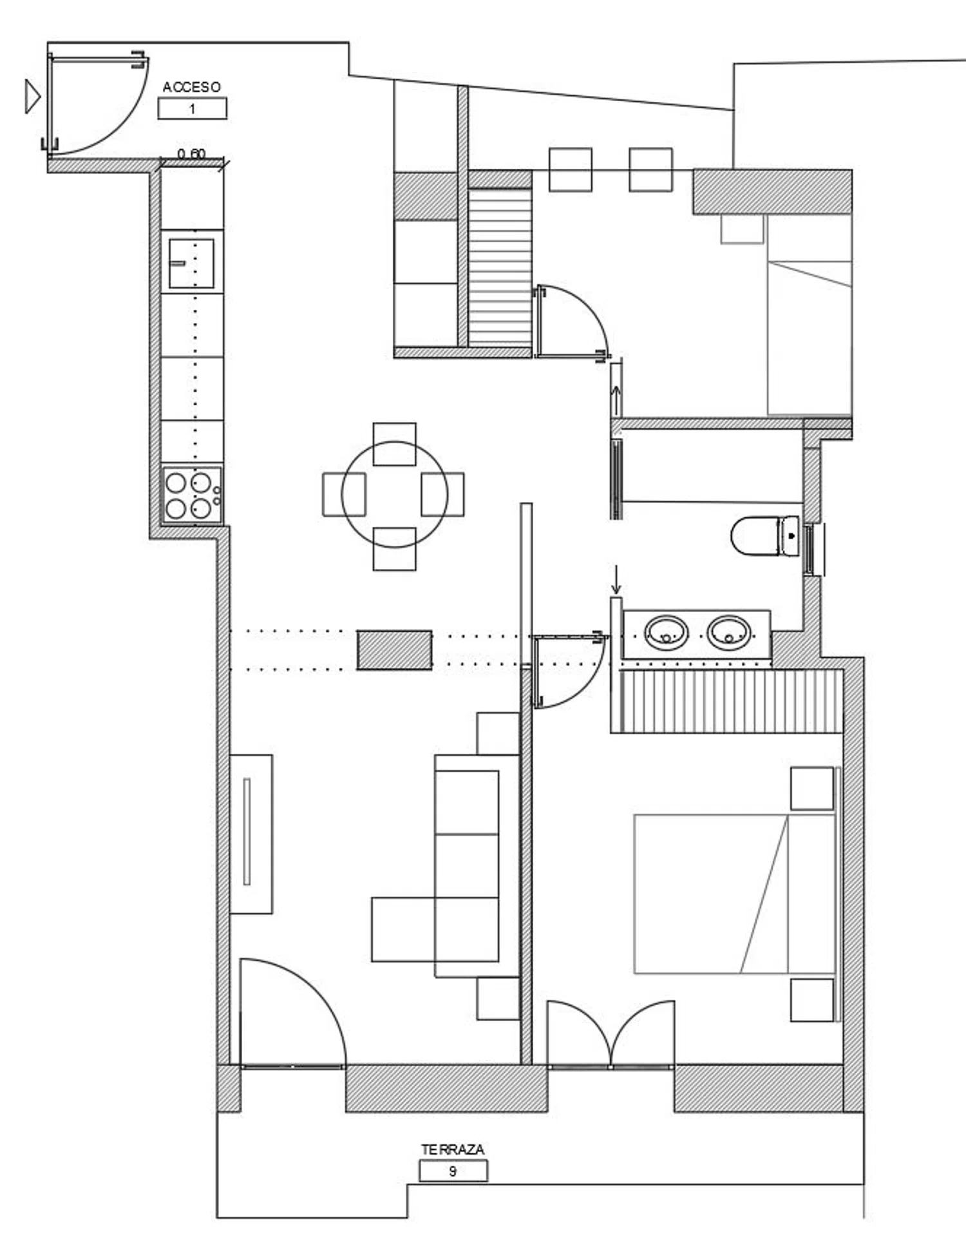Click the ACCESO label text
pyautogui.click(x=191, y=87)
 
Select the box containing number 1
pyautogui.click(x=193, y=108)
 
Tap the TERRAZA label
pyautogui.click(x=453, y=1149)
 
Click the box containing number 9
pyautogui.click(x=453, y=1171)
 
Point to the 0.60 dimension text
pyautogui.click(x=191, y=154)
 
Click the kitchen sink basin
pyautogui.click(x=191, y=264)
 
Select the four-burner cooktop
pyautogui.click(x=192, y=494)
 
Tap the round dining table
pyautogui.click(x=394, y=495)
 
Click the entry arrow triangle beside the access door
pyautogui.click(x=32, y=97)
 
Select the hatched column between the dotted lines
pyautogui.click(x=394, y=650)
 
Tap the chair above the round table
pyautogui.click(x=394, y=444)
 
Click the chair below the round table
pyautogui.click(x=394, y=549)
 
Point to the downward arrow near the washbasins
pyautogui.click(x=616, y=579)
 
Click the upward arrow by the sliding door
pyautogui.click(x=616, y=401)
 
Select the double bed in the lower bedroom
pyautogui.click(x=735, y=894)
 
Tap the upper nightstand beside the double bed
pyautogui.click(x=812, y=788)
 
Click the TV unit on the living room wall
pyautogui.click(x=251, y=834)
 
